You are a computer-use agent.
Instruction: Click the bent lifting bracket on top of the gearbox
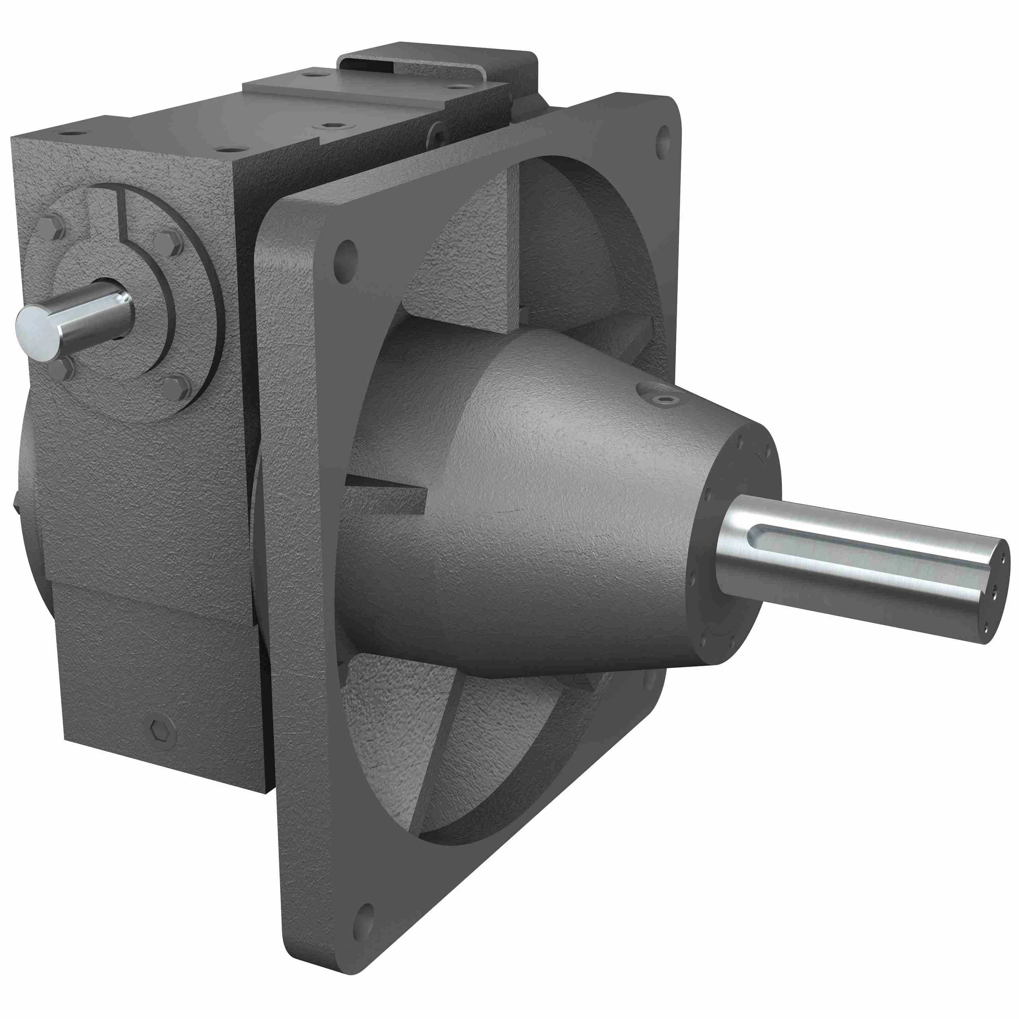(x=438, y=66)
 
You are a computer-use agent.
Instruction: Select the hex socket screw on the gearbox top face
(x=329, y=126)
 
